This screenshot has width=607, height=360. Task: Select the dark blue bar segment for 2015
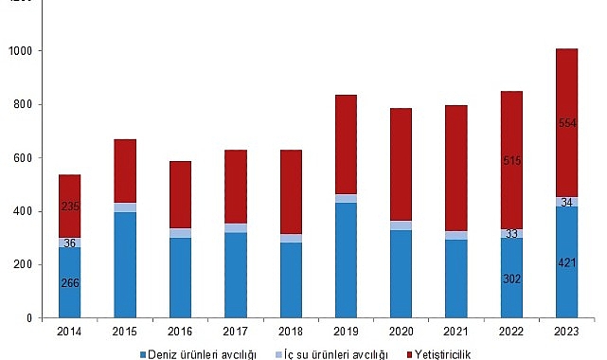(x=125, y=265)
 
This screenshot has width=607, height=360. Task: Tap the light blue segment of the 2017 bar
(x=235, y=228)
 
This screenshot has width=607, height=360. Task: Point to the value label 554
(x=566, y=123)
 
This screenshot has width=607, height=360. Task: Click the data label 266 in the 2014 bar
(x=69, y=281)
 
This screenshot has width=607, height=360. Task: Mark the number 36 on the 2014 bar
(x=69, y=243)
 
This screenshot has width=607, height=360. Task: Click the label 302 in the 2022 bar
(x=511, y=279)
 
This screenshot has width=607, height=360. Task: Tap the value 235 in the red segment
(x=69, y=206)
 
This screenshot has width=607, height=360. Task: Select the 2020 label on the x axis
(x=401, y=332)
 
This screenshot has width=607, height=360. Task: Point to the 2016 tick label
(x=180, y=332)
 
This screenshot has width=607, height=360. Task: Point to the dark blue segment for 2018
(x=291, y=280)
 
